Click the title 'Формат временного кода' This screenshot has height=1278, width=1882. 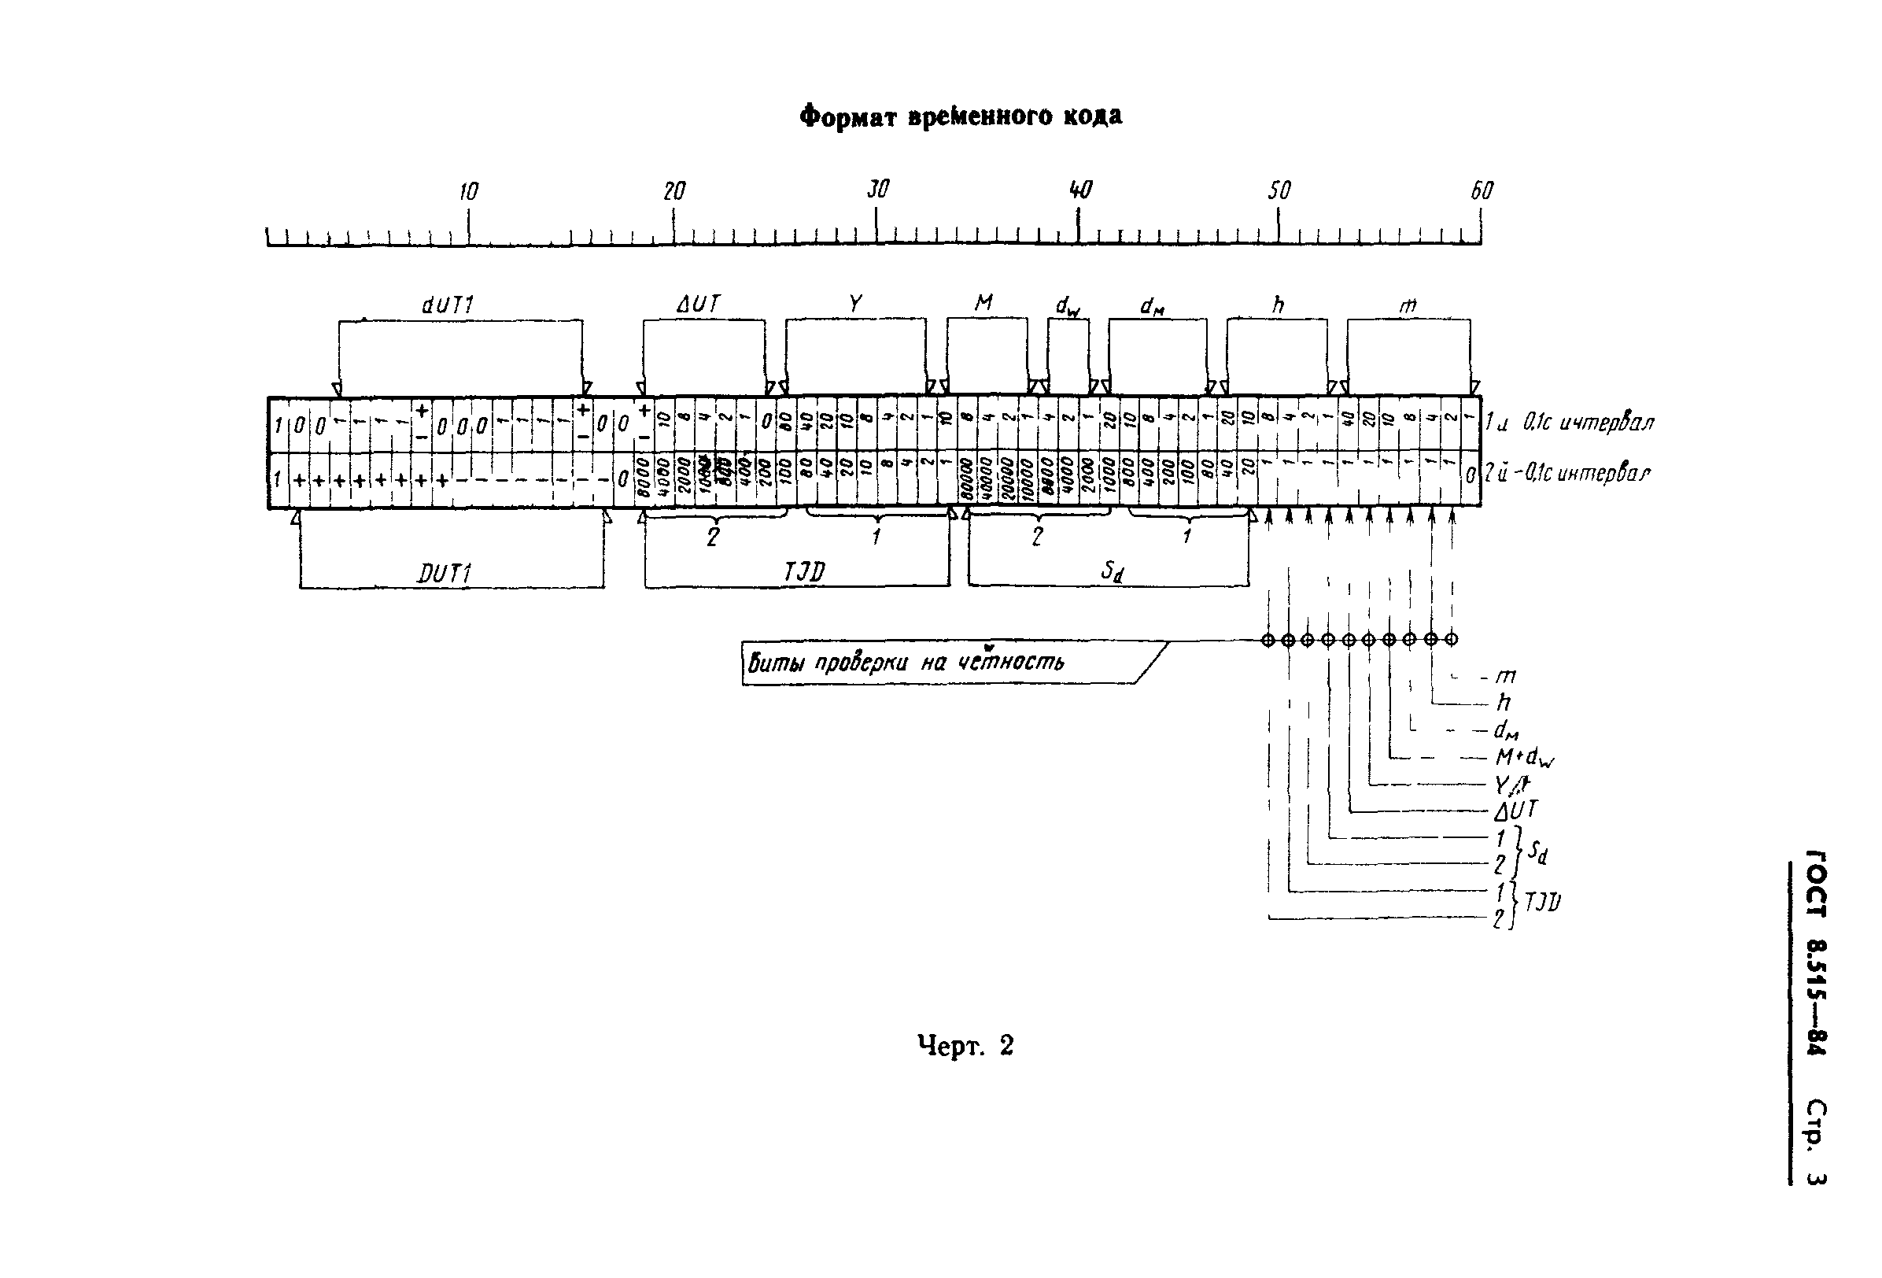[961, 116]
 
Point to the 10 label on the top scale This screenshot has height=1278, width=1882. [469, 191]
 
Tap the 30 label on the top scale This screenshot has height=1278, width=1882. [878, 190]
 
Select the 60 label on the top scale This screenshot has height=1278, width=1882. [1482, 190]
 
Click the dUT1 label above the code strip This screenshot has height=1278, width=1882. [448, 305]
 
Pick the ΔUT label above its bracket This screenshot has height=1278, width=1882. [698, 304]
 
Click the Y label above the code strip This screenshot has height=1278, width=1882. [855, 304]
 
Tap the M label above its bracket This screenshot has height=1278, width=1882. [984, 303]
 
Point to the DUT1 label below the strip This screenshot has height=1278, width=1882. [445, 574]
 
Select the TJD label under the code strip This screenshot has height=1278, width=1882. [804, 573]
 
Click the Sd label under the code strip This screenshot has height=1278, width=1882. [1112, 571]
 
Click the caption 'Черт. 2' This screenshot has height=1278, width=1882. [965, 1046]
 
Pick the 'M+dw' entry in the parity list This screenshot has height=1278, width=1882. [1524, 757]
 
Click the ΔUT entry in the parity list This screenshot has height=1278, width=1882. [1516, 810]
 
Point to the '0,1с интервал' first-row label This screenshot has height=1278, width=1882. [1588, 422]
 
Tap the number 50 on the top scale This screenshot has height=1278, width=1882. [1279, 190]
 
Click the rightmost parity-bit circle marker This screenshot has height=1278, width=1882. [1451, 639]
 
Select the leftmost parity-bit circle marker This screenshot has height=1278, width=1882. [1268, 640]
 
